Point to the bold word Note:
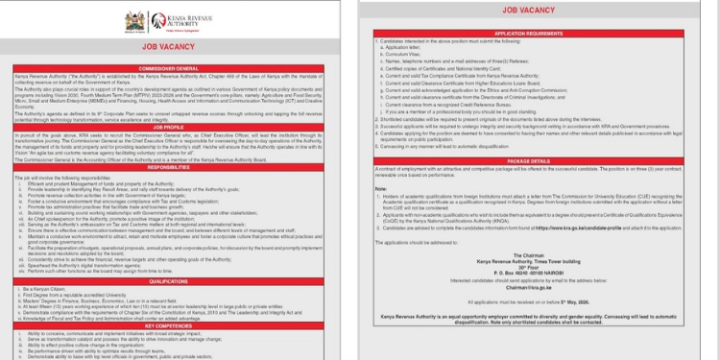coord(379,188)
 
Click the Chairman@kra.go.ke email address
coord(543,287)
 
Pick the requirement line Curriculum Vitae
coord(402,52)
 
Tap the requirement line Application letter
coord(402,46)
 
